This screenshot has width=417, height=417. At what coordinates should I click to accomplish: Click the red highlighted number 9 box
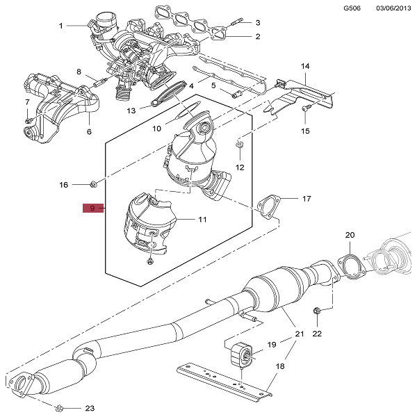[92, 208]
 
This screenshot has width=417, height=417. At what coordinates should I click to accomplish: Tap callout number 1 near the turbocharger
[60, 26]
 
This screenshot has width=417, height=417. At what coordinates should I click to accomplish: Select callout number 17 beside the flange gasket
[306, 199]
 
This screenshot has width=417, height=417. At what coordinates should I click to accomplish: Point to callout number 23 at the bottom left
[90, 408]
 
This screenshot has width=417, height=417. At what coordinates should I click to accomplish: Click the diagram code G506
[352, 8]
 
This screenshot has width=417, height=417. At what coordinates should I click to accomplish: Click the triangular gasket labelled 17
[265, 207]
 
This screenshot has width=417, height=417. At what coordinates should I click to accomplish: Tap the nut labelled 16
[93, 183]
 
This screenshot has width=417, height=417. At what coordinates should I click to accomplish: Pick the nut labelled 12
[240, 144]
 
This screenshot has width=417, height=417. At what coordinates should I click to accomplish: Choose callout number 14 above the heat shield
[304, 66]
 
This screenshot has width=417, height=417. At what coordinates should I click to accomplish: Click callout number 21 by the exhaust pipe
[300, 334]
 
